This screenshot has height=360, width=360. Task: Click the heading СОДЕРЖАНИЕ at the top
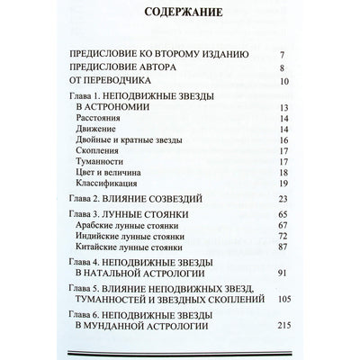[179, 14]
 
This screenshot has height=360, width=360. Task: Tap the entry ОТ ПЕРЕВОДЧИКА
[116, 82]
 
